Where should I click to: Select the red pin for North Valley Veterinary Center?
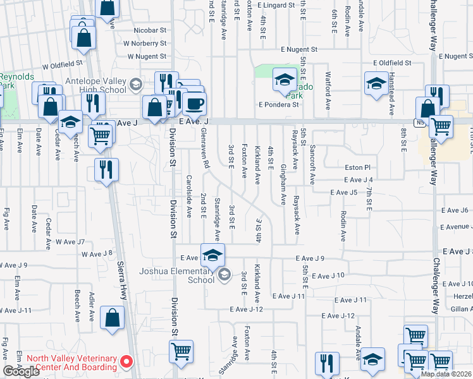(126, 362)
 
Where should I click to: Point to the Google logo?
(21, 371)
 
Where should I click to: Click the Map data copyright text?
(446, 374)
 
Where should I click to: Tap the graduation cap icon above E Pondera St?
(285, 80)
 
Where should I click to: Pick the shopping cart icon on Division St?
(181, 351)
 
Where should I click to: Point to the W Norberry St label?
(145, 44)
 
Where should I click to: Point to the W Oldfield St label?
(63, 64)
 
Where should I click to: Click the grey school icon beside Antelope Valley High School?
(135, 84)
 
